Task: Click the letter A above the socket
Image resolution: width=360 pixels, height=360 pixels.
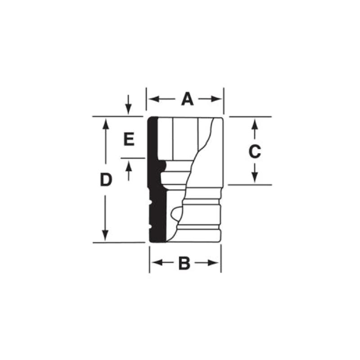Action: (x=187, y=99)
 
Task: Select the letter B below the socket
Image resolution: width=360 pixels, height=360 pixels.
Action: (x=184, y=263)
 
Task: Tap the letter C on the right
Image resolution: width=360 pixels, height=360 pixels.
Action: (x=255, y=152)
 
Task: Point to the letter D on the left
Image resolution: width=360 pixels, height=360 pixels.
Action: (x=105, y=180)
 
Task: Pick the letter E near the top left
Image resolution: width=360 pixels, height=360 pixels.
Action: (x=129, y=139)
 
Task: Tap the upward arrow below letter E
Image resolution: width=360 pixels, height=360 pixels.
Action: (x=129, y=166)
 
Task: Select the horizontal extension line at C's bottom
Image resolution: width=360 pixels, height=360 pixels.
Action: (x=250, y=184)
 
